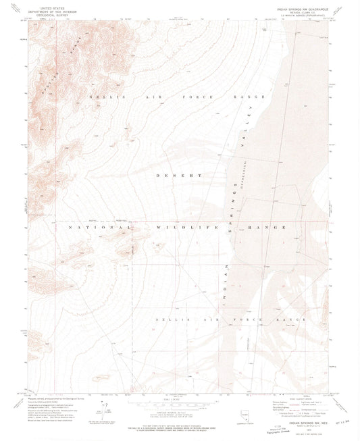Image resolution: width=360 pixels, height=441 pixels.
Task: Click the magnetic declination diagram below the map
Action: (x=104, y=410)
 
